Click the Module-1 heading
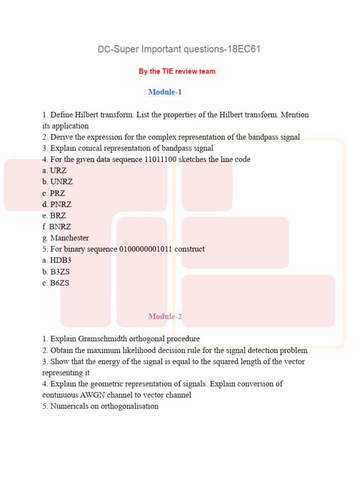coord(165,92)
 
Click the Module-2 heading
coord(165,316)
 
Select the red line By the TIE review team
coord(177,71)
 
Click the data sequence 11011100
coord(161,159)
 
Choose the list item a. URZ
coord(54,171)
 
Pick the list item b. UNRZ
coord(57,182)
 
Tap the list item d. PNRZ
coord(57,204)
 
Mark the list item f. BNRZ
coord(56,227)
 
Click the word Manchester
coord(69,238)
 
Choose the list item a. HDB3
coord(56,260)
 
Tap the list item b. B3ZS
coord(56,271)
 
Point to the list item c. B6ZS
coord(56,283)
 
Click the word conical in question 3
coord(90,148)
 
